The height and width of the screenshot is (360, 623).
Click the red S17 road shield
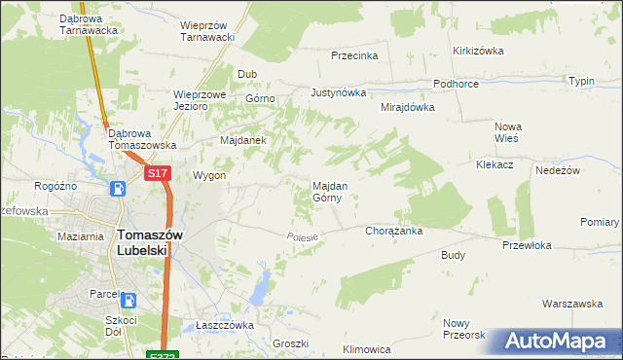[159, 173]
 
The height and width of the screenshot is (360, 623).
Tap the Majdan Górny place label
[325, 191]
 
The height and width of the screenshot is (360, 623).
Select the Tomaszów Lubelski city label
[142, 241]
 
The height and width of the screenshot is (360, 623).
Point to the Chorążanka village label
[392, 232]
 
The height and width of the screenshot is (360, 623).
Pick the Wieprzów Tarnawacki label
[209, 31]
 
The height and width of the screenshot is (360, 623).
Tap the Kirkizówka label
[477, 51]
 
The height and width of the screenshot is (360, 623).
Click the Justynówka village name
[338, 93]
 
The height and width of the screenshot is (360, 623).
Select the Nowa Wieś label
[508, 132]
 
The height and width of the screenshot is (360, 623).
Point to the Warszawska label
[572, 304]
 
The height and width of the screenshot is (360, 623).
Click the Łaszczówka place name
[224, 325]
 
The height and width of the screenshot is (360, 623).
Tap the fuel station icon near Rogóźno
[118, 189]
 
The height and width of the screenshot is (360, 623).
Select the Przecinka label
[354, 56]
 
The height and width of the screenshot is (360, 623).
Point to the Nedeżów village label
[558, 170]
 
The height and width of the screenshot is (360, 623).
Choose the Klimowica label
[367, 348]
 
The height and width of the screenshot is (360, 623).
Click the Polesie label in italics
[304, 237]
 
